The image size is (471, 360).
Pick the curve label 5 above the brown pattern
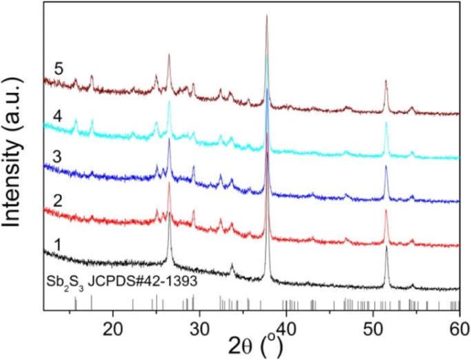tap(59, 69)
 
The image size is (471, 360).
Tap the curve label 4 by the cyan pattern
tap(59, 117)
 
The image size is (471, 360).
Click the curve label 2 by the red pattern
tap(59, 199)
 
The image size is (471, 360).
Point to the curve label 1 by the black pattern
tap(59, 243)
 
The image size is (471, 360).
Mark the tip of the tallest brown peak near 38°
tap(267, 15)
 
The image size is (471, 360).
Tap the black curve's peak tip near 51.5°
tap(386, 247)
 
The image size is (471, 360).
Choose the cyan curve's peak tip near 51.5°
tap(386, 123)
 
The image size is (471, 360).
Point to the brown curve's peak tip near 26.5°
tap(168, 56)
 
